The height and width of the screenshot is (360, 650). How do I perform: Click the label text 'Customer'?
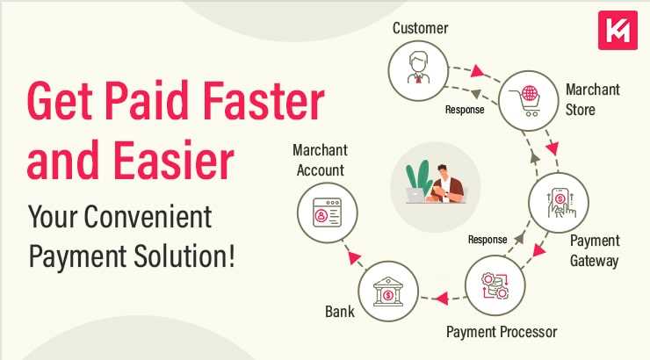coord(420,27)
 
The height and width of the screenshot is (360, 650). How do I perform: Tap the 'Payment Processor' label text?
coord(501,331)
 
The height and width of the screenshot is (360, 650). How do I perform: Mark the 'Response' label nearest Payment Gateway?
coord(487,238)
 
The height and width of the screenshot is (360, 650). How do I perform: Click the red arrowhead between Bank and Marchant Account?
coord(349,256)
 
